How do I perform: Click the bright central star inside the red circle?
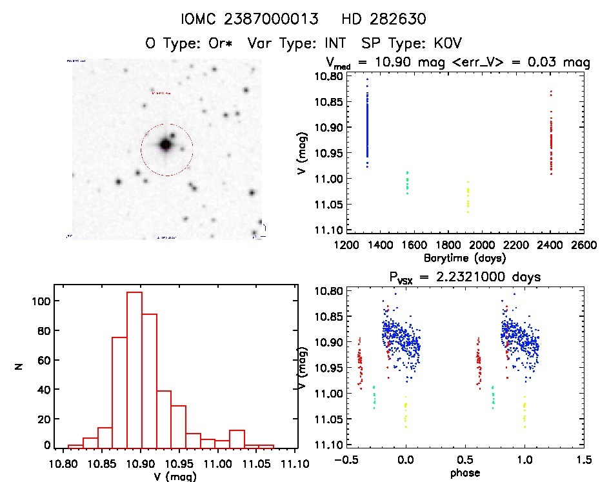[166, 145]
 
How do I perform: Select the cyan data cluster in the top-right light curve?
[407, 183]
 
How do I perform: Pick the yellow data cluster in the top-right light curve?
[468, 197]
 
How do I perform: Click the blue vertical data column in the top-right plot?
[367, 123]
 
